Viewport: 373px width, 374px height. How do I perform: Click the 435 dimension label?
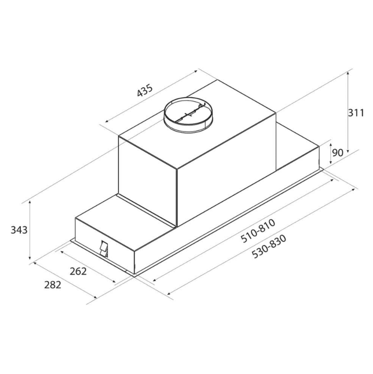click(145, 90)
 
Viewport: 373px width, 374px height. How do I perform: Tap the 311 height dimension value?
click(356, 112)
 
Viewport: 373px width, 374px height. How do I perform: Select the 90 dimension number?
click(338, 152)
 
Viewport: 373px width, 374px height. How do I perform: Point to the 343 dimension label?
click(19, 230)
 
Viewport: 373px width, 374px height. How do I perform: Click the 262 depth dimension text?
click(78, 271)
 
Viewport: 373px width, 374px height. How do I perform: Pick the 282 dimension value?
click(52, 285)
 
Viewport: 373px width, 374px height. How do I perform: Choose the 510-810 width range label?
click(258, 231)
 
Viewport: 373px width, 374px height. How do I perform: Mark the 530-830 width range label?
click(269, 246)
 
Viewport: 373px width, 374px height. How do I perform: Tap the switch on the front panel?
click(104, 249)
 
